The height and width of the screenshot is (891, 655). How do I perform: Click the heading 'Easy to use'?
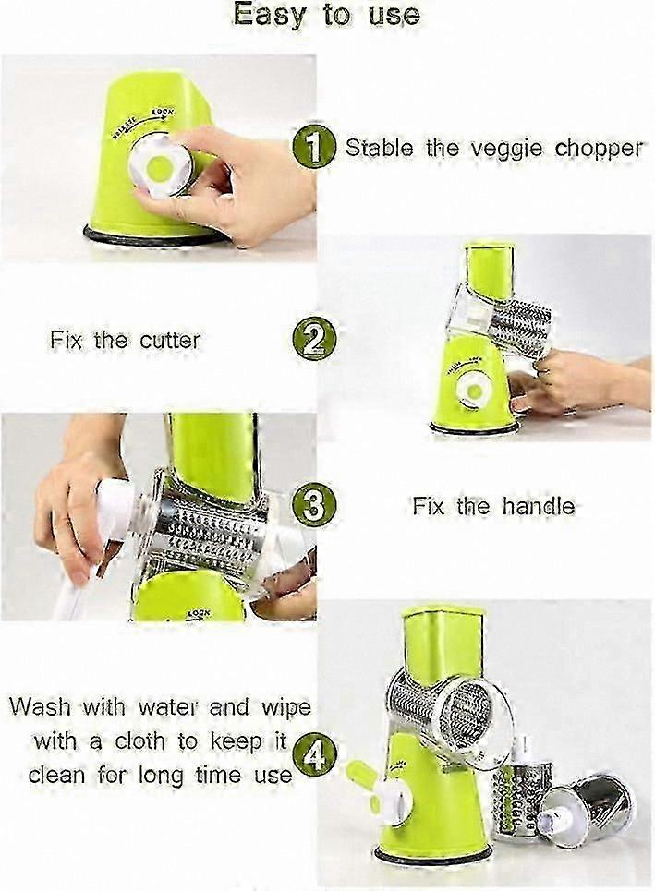click(327, 15)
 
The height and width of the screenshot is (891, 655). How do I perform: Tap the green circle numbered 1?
click(312, 147)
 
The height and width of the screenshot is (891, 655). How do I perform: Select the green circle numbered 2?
click(313, 340)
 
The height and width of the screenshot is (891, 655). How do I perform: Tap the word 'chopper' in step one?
click(600, 150)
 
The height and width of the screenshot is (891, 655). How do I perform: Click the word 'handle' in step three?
click(538, 506)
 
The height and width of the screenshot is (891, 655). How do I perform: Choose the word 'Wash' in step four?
click(41, 707)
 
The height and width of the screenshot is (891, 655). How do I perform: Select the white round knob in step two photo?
click(474, 391)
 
